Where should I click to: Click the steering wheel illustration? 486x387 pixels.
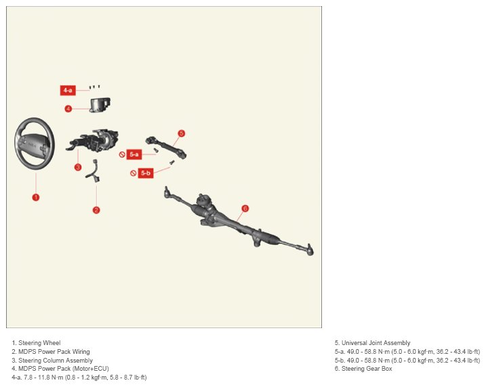click(35, 143)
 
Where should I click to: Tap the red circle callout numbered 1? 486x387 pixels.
click(36, 198)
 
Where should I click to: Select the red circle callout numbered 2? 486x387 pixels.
click(96, 210)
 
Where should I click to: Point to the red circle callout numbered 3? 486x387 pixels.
click(78, 167)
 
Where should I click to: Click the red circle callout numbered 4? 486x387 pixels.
click(68, 108)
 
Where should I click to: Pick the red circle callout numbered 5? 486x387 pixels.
click(182, 133)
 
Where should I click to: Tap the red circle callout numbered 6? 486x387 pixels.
click(245, 208)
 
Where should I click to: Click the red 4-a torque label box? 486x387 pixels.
click(68, 91)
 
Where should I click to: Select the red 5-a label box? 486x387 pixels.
click(134, 154)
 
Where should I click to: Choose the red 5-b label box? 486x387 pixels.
click(146, 173)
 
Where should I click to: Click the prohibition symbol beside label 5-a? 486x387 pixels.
click(122, 154)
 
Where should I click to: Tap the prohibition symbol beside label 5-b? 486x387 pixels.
click(134, 173)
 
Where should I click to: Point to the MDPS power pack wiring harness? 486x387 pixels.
click(93, 171)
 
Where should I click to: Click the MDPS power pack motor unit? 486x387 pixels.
click(100, 105)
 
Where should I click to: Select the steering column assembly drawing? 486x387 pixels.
click(92, 141)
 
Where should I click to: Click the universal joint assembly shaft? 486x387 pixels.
click(166, 147)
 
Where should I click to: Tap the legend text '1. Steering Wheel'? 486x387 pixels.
click(37, 343)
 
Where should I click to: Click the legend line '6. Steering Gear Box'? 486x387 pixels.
click(363, 369)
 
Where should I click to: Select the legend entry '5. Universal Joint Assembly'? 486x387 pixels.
click(372, 343)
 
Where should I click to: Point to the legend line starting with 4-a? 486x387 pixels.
click(79, 377)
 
